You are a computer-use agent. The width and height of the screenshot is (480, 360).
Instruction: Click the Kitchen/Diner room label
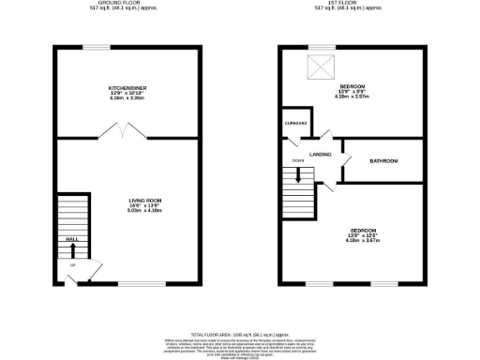point(127,87)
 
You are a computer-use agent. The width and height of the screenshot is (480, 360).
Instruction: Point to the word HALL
point(71,240)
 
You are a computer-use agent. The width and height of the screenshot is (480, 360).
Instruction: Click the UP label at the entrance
point(73,265)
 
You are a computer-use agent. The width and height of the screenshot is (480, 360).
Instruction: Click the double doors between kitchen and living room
point(122,136)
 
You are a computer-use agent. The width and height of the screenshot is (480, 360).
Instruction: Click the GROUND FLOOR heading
point(126,4)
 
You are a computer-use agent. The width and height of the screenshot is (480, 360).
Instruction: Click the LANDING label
point(322,154)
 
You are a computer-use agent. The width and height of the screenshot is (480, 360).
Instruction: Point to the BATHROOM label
point(383,161)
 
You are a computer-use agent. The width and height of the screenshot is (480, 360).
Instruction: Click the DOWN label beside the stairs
point(298,160)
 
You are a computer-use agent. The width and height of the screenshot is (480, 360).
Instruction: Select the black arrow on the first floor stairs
point(298,174)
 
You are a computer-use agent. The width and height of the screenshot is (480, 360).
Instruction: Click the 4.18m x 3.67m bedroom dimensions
point(364,241)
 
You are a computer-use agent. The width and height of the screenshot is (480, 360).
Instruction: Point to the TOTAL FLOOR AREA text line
point(239,334)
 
